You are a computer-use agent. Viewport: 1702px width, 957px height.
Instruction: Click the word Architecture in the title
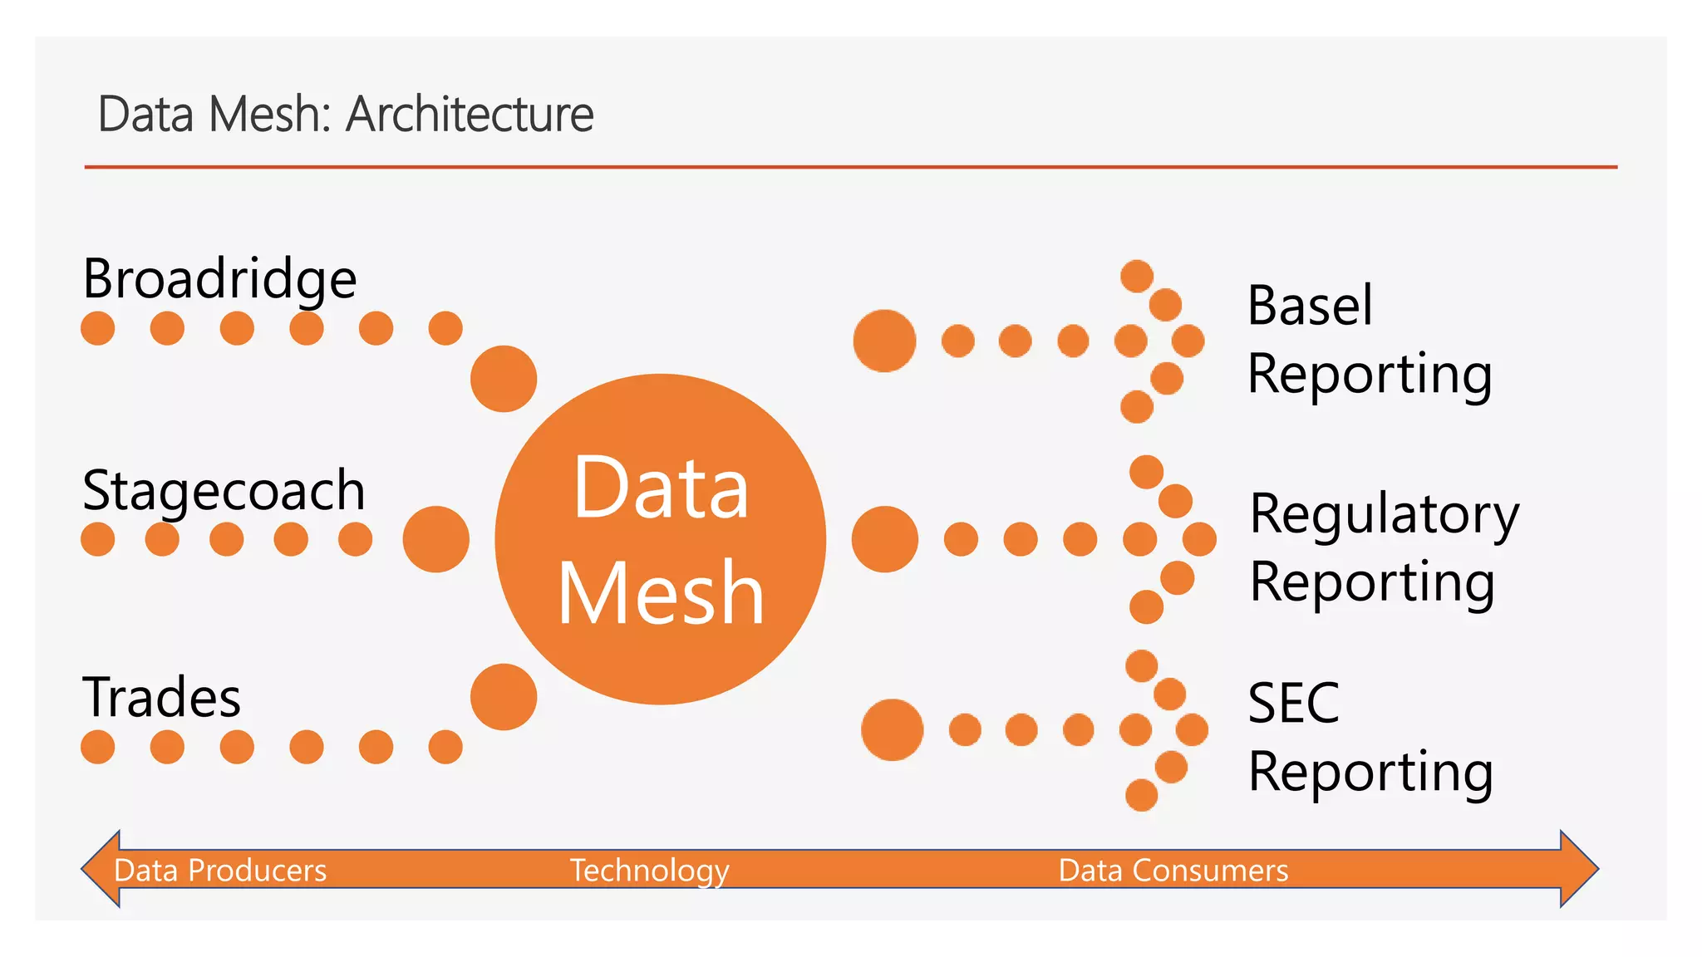click(x=470, y=114)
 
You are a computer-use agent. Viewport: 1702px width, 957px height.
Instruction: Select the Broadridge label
click(x=219, y=278)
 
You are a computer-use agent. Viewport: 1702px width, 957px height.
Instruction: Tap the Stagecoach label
click(x=224, y=490)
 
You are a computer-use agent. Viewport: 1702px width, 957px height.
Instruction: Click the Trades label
click(x=161, y=697)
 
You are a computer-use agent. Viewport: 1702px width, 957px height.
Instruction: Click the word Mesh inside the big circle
click(x=661, y=592)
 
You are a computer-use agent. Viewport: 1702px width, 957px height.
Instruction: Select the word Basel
click(x=1310, y=305)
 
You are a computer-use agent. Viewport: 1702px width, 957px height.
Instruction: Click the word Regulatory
click(x=1385, y=514)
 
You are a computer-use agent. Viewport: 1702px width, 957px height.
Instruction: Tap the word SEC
click(x=1293, y=703)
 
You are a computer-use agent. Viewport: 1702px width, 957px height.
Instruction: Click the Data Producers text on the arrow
click(x=220, y=870)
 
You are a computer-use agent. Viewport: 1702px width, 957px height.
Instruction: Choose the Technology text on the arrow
click(x=649, y=870)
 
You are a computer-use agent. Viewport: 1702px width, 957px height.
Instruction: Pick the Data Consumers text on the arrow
click(x=1173, y=870)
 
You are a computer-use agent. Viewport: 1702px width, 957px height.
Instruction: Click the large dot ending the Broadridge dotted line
click(x=504, y=379)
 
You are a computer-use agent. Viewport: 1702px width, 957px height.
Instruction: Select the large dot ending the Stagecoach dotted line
click(x=435, y=539)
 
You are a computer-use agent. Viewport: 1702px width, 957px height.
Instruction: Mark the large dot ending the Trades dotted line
click(x=504, y=697)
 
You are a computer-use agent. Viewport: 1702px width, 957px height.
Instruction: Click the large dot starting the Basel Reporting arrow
click(x=884, y=341)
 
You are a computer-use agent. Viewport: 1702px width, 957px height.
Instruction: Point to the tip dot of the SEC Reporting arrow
click(x=1192, y=730)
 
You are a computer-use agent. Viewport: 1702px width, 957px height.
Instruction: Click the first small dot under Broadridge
click(x=98, y=328)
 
